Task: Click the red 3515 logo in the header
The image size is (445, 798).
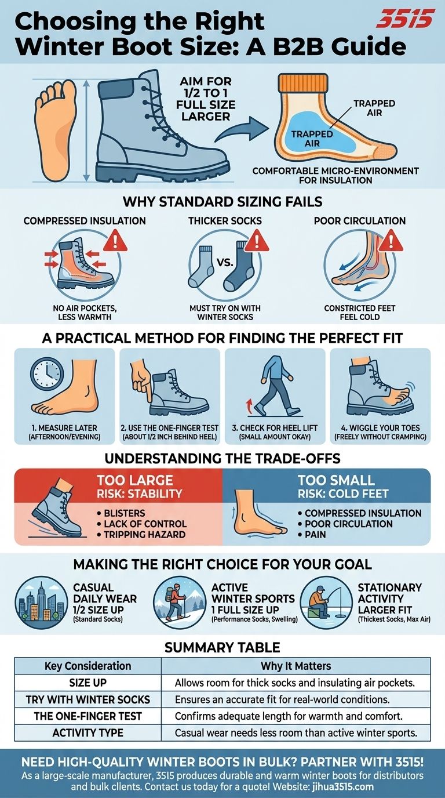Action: (406, 19)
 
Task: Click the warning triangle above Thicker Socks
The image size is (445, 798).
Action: (257, 241)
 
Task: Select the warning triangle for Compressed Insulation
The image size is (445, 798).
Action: (115, 240)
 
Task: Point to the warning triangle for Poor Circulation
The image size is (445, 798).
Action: (391, 241)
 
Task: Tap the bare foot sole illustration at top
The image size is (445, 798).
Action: (56, 130)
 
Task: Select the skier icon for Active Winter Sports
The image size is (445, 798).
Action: (180, 603)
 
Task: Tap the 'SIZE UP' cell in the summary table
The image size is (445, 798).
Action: (88, 683)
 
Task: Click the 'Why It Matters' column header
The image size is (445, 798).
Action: (296, 666)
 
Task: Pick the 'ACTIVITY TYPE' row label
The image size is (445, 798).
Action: (88, 733)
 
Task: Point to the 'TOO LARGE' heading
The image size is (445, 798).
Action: (135, 480)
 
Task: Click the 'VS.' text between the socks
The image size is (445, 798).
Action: (225, 263)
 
